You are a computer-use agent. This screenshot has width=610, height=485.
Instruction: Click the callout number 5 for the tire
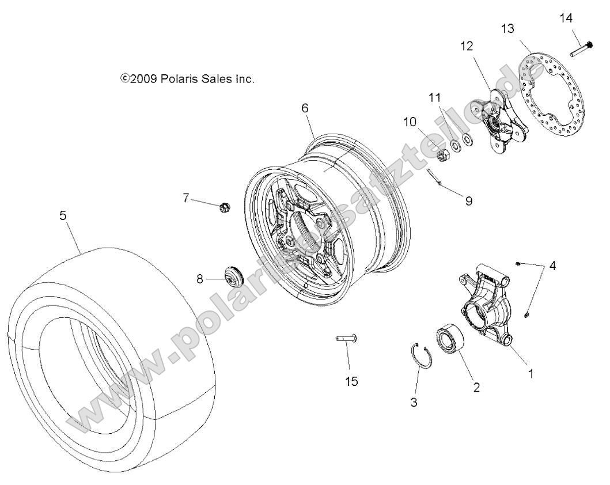pyautogui.click(x=63, y=215)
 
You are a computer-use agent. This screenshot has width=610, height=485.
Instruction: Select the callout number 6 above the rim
pyautogui.click(x=305, y=108)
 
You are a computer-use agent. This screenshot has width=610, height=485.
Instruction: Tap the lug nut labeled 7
pyautogui.click(x=225, y=206)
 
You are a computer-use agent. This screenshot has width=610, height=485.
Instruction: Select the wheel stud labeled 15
pyautogui.click(x=346, y=339)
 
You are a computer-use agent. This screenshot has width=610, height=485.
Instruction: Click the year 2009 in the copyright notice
pyautogui.click(x=143, y=79)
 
